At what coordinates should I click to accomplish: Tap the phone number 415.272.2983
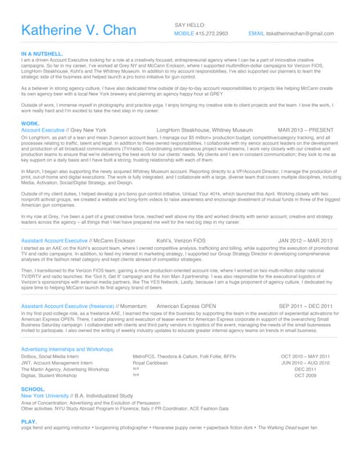(x=211, y=33)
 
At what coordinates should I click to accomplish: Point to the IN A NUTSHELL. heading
(x=42, y=54)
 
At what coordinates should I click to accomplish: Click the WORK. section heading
(x=31, y=124)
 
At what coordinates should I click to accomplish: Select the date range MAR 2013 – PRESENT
(x=305, y=130)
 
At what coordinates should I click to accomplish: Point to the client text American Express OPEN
(x=187, y=306)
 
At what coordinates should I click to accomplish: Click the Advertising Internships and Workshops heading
(x=67, y=349)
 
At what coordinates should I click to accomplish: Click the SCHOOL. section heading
(x=33, y=389)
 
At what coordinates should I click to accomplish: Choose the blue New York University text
(x=49, y=395)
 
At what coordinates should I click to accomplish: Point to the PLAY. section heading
(x=29, y=421)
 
